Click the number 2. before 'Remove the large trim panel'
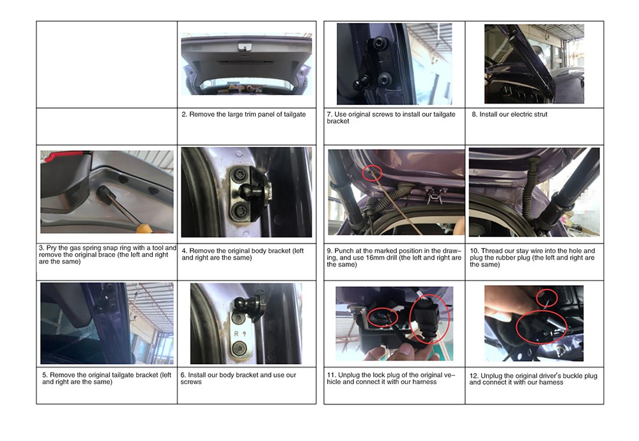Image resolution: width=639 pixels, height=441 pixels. tap(184, 114)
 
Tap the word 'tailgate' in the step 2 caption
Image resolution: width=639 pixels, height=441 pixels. tap(294, 114)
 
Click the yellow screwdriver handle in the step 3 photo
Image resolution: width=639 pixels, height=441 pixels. tap(144, 228)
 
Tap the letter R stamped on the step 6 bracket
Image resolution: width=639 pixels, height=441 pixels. tap(236, 334)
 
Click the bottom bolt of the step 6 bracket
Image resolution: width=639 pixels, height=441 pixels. tap(238, 349)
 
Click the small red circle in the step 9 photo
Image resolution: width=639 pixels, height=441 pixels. tap(373, 173)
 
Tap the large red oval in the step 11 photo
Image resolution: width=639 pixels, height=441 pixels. tap(429, 319)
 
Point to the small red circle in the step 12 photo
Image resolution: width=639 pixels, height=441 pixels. tap(546, 298)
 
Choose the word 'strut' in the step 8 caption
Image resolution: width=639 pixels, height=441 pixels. tap(539, 114)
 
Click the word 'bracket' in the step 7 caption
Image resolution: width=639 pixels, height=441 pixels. tap(338, 121)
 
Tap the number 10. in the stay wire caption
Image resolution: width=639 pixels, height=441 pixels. tap(474, 251)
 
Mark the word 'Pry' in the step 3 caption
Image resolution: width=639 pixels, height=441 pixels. tap(51, 248)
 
